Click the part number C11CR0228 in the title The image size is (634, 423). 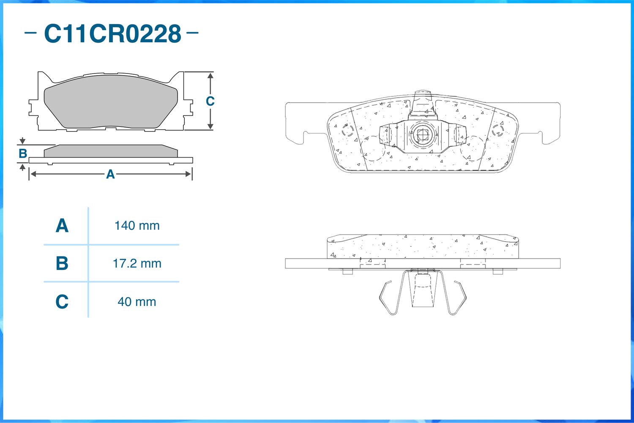click(113, 34)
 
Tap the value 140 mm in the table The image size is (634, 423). click(137, 226)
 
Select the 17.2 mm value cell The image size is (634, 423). click(137, 264)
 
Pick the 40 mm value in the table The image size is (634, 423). click(137, 302)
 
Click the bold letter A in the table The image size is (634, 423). click(62, 226)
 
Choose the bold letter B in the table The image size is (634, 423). click(62, 263)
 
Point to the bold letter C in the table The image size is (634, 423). click(62, 302)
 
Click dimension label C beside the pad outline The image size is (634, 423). click(210, 101)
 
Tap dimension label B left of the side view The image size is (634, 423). click(23, 153)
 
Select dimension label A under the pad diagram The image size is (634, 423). click(110, 174)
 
